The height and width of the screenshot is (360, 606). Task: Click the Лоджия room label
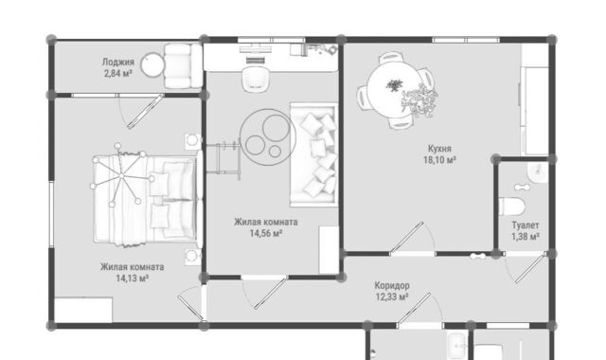point(118,62)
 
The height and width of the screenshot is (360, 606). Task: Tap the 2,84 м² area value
point(118,73)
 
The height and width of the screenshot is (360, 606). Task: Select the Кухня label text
point(439,149)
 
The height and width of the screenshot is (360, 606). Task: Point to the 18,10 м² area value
point(439,160)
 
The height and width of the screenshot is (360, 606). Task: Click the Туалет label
point(526,225)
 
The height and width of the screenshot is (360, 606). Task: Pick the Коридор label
point(392,286)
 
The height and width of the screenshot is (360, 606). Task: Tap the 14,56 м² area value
point(265,233)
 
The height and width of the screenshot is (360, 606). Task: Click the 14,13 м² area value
point(133,278)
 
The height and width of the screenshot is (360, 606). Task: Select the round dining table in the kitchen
point(390,91)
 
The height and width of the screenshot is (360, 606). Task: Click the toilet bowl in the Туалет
point(511,207)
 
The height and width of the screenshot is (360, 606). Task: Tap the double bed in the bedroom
point(145,200)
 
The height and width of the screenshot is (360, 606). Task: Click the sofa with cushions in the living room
point(313,154)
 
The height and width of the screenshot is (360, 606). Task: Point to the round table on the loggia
point(153,66)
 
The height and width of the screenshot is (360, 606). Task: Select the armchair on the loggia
point(183,65)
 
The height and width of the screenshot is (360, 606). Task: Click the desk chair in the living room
point(255,80)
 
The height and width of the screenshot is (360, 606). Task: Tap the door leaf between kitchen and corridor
point(406,238)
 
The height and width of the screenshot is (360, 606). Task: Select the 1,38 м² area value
point(526,236)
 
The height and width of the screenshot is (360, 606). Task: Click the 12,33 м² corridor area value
point(392,297)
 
